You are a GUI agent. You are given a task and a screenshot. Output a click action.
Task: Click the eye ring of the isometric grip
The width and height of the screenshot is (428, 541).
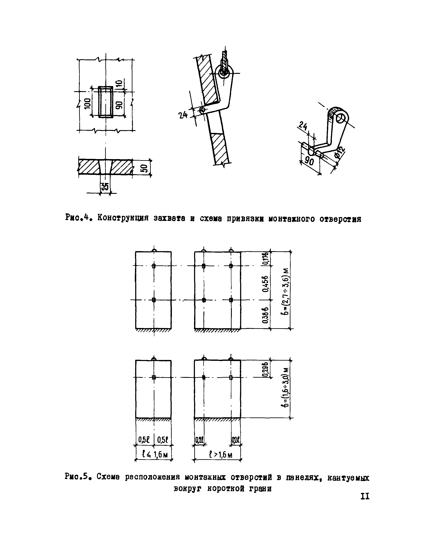click(x=342, y=118)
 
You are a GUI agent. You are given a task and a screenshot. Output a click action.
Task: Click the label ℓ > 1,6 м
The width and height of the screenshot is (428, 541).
click(x=221, y=454)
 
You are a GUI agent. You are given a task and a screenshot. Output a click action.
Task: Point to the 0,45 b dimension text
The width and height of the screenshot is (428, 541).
click(x=266, y=283)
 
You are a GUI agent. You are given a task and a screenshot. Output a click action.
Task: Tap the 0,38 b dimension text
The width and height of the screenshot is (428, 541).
click(x=266, y=315)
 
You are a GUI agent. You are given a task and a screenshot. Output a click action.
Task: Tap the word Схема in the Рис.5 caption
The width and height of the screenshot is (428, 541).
click(x=108, y=477)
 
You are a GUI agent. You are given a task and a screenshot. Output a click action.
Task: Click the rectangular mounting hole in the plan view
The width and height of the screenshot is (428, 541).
click(x=106, y=102)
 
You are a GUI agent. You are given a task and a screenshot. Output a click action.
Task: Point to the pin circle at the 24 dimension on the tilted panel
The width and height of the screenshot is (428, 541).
click(x=202, y=110)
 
